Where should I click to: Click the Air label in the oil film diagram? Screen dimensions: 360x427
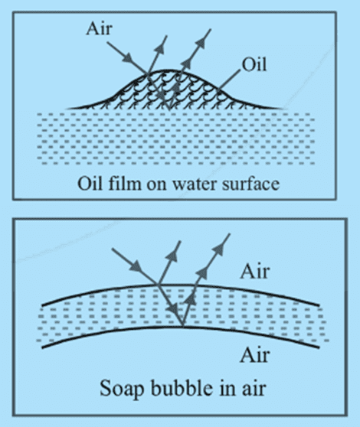[99, 28]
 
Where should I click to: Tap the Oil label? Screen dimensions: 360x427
[254, 65]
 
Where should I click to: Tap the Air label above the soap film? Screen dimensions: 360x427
[255, 272]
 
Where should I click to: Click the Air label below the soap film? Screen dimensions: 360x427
[255, 355]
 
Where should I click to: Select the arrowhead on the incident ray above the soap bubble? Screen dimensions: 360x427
[136, 266]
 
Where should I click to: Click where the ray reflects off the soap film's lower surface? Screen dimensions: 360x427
[182, 326]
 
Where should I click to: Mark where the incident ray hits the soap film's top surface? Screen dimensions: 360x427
[157, 285]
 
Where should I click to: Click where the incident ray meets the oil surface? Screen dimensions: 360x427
[147, 73]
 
